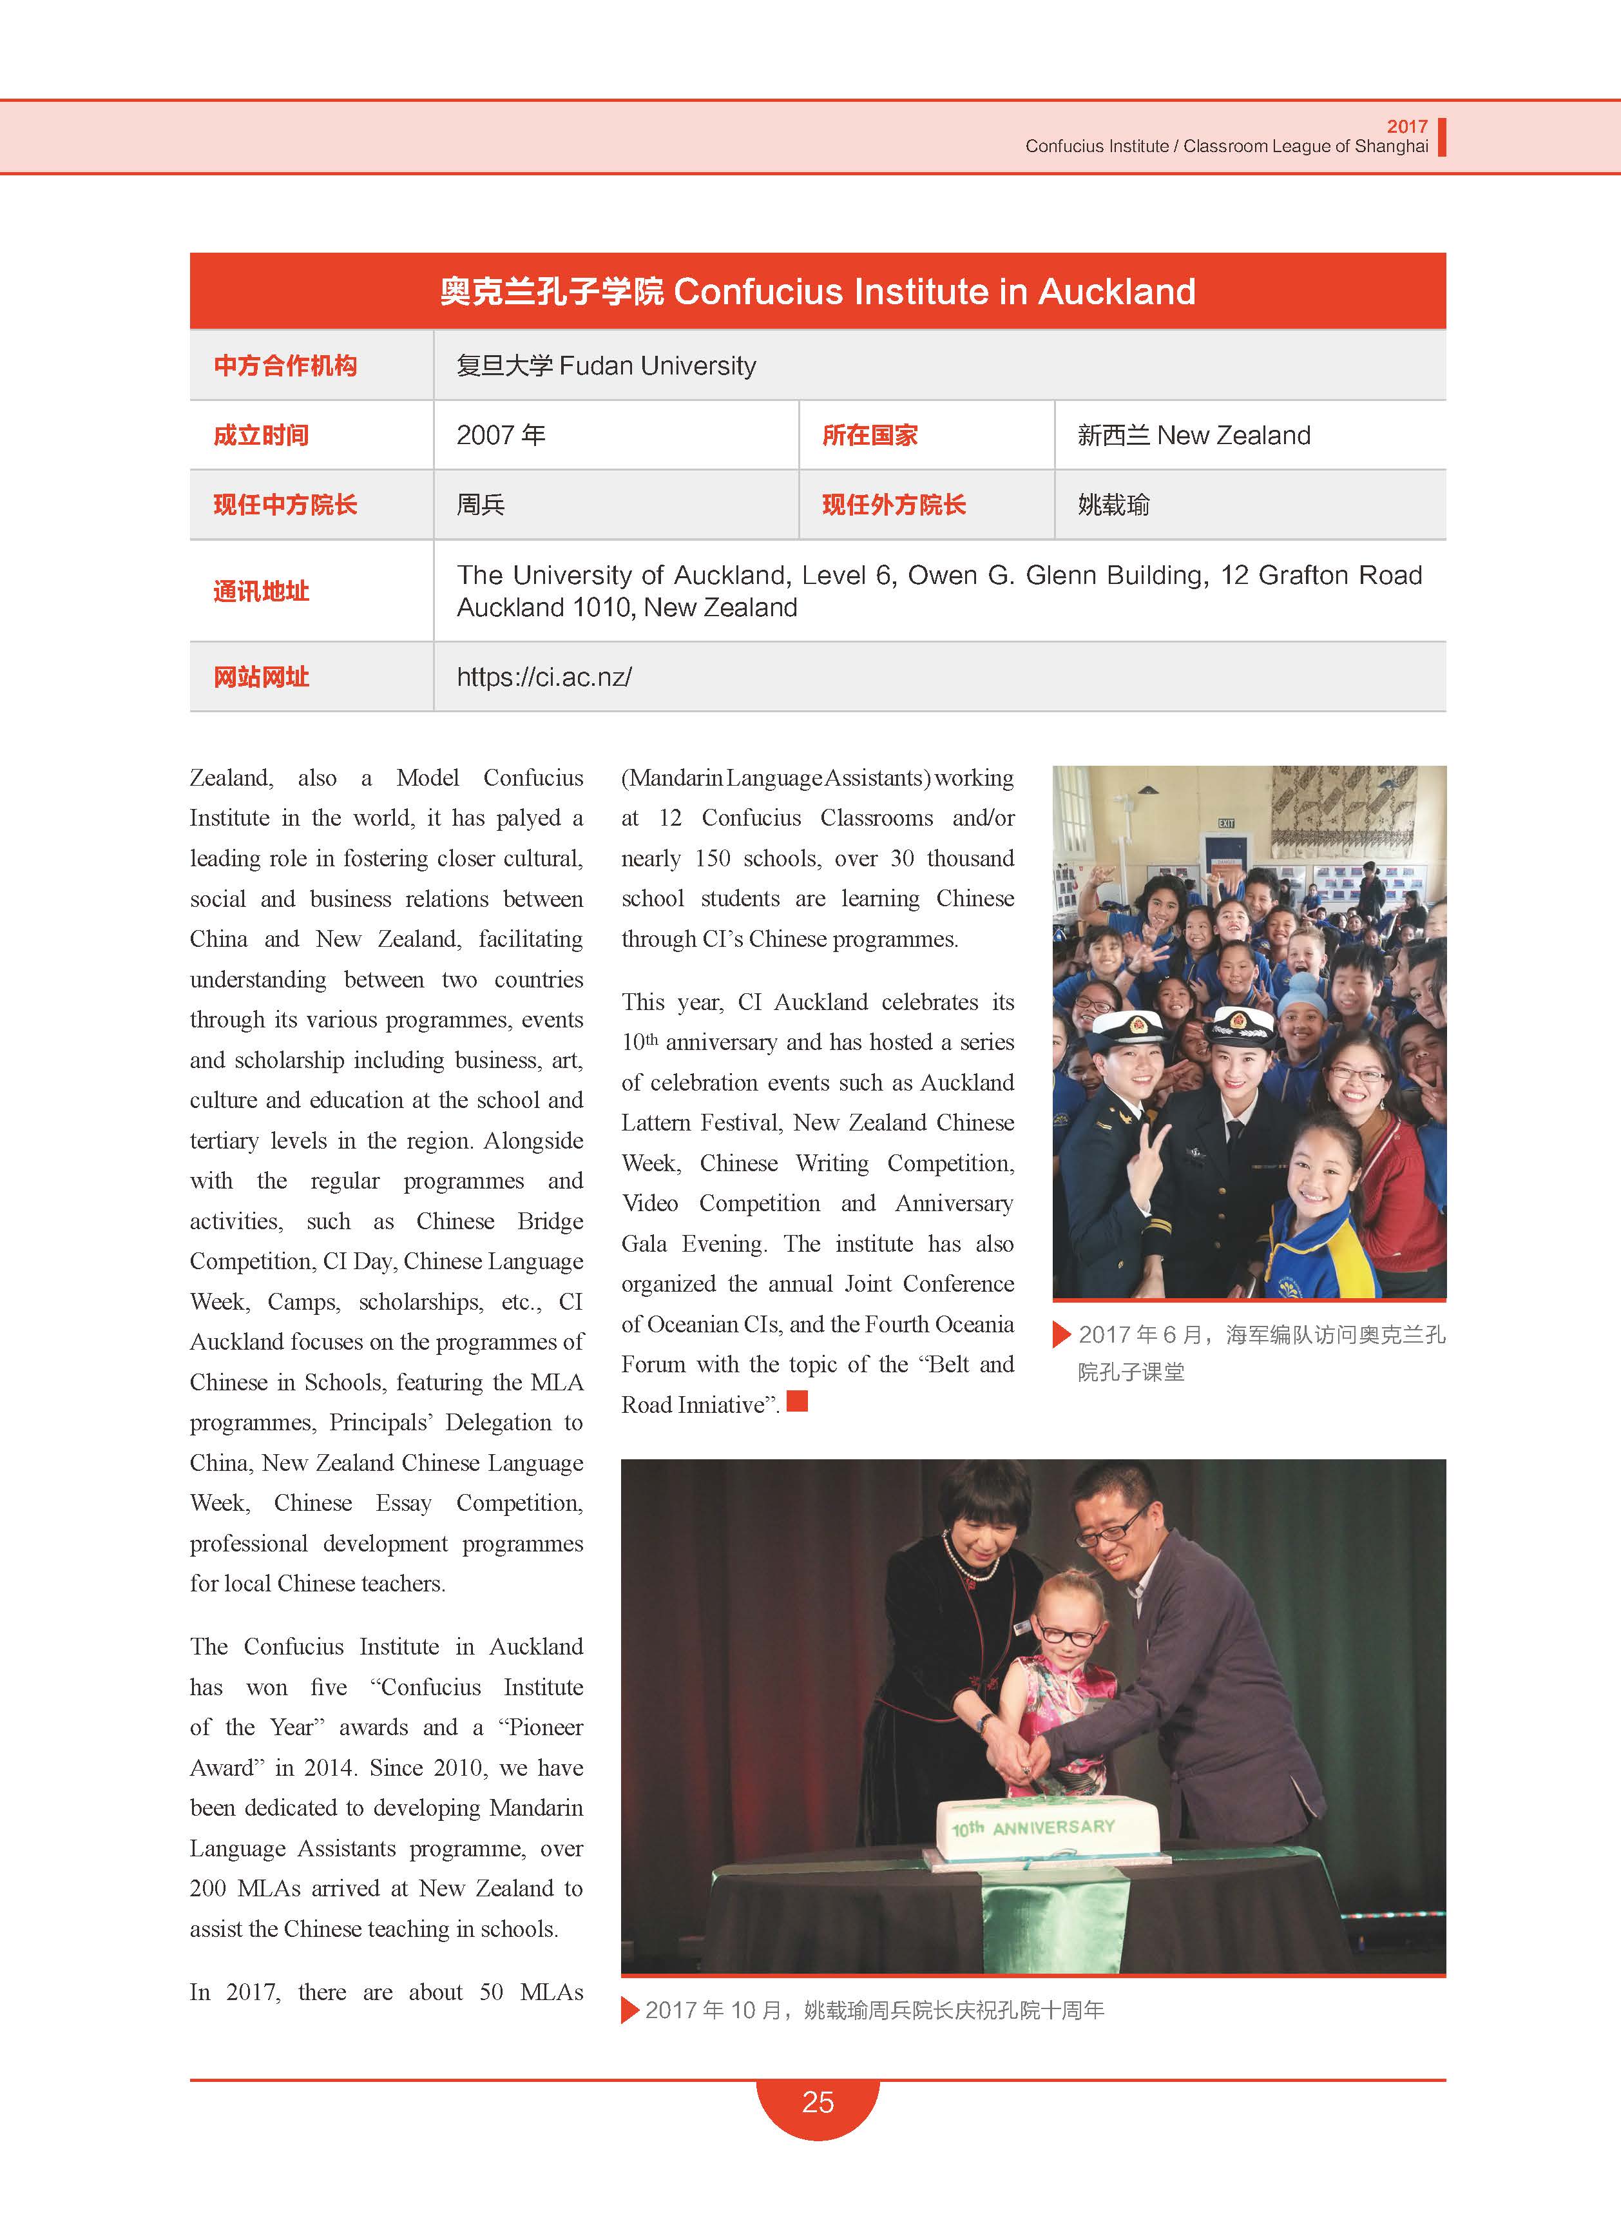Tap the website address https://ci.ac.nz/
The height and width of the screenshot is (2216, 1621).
click(x=544, y=677)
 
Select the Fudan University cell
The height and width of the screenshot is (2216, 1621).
click(x=606, y=366)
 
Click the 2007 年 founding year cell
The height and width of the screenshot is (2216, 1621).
click(x=501, y=436)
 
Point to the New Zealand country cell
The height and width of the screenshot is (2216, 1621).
click(x=1193, y=436)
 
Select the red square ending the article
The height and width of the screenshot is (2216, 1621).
click(x=798, y=1401)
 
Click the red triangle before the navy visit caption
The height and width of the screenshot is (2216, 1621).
click(x=1060, y=1335)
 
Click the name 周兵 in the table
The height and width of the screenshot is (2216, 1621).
click(x=481, y=505)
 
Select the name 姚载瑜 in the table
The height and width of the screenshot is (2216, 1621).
click(x=1114, y=505)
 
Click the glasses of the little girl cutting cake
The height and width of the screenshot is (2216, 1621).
click(x=1069, y=1636)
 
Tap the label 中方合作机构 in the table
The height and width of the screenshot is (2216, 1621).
click(x=285, y=366)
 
